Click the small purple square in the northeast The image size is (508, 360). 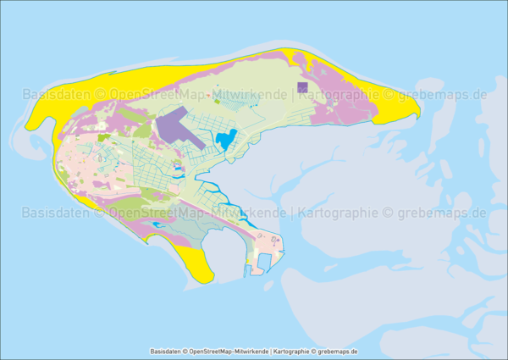[x=302, y=86]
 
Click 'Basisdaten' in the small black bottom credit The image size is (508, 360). [x=167, y=351]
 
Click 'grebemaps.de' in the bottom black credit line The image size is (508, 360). [x=336, y=351]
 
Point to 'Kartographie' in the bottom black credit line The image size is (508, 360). [x=292, y=351]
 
